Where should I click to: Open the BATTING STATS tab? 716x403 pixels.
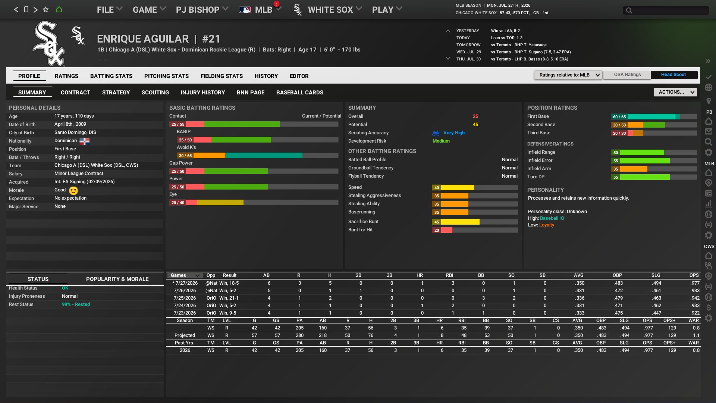click(x=111, y=76)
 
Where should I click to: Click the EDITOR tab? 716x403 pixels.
click(x=299, y=76)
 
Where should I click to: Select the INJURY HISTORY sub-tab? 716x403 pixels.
click(x=202, y=93)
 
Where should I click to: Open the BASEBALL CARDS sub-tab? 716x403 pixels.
click(x=299, y=93)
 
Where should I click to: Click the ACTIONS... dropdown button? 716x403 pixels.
click(x=675, y=92)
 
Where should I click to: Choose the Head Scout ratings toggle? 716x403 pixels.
click(x=673, y=75)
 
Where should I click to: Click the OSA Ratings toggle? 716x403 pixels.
click(x=627, y=75)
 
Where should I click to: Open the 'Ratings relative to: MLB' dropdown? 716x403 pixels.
click(x=568, y=75)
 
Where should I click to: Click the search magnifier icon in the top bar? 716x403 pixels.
click(x=629, y=10)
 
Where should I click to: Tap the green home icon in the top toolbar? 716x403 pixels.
click(x=59, y=10)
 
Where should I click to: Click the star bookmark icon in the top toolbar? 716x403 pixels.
click(x=45, y=10)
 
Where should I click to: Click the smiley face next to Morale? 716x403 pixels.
click(x=73, y=190)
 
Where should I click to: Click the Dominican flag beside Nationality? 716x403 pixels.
click(x=84, y=141)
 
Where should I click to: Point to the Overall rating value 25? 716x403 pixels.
click(x=475, y=116)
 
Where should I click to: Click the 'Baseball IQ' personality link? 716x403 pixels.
click(x=552, y=218)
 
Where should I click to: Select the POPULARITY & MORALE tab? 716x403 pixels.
click(x=117, y=279)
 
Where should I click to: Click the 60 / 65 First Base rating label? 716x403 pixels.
click(x=619, y=117)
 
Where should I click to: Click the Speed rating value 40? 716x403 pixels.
click(x=436, y=188)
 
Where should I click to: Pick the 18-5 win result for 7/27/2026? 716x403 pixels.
click(x=229, y=283)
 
